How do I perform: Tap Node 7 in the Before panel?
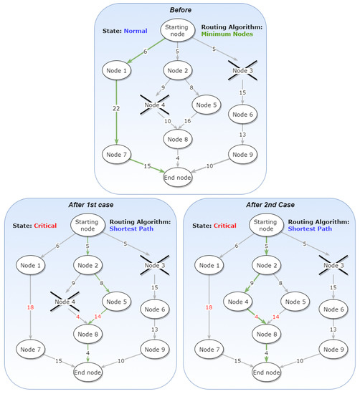tap(117, 153)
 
